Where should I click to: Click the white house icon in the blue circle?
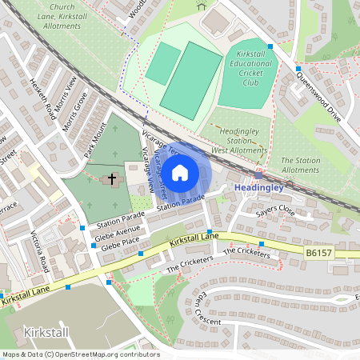point(180,172)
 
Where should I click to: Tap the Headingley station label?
point(258,187)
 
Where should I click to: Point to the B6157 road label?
point(318,252)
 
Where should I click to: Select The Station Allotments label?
point(300,165)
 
